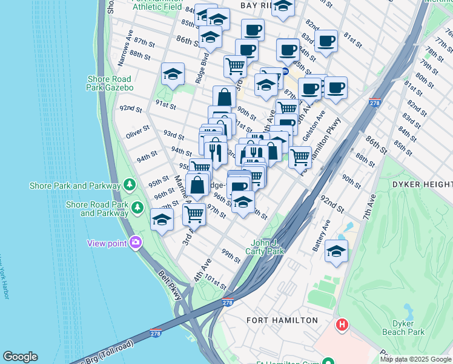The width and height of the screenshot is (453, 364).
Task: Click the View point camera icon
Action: tap(134, 243)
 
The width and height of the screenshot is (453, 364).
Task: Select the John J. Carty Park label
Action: tap(265, 247)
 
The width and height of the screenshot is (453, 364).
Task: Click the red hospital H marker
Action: tap(342, 325)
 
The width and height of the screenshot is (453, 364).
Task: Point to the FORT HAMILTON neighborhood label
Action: tap(282, 320)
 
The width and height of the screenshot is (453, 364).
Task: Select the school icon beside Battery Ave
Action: tap(336, 251)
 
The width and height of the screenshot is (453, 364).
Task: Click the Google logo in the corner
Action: tap(21, 357)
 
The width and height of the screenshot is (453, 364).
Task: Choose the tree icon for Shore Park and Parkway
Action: tap(128, 183)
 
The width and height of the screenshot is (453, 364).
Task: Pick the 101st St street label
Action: tap(215, 283)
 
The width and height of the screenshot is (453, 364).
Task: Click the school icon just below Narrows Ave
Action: tap(173, 75)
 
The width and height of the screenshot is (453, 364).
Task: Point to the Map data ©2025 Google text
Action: tap(416, 359)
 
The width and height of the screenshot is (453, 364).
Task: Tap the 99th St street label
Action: tap(231, 255)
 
